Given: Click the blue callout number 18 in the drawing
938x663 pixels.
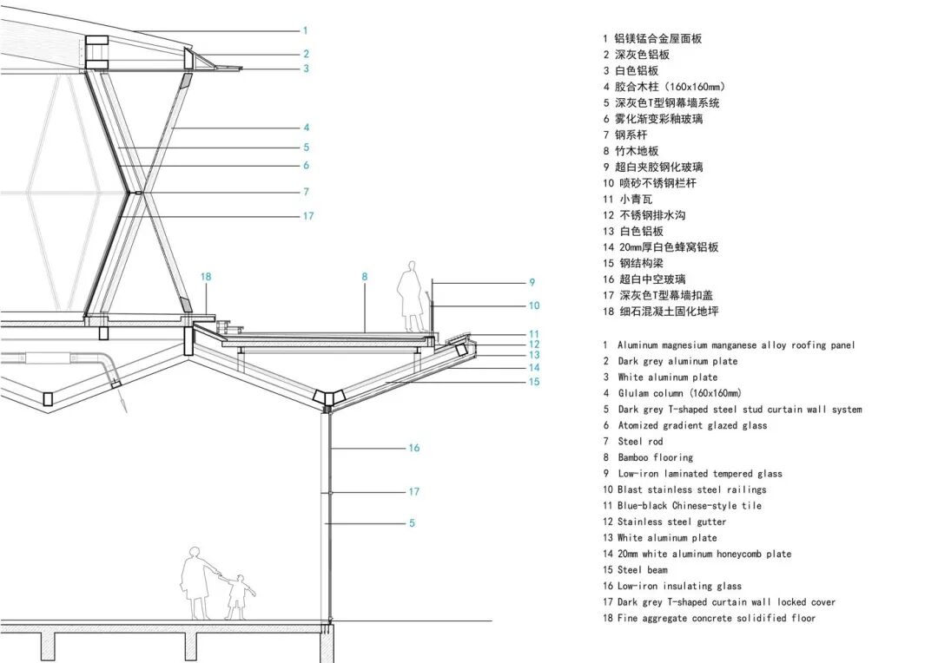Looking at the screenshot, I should pos(206,277).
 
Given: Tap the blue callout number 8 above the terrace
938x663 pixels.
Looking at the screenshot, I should pos(365,277).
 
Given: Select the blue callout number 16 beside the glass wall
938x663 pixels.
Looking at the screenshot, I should pos(413,448).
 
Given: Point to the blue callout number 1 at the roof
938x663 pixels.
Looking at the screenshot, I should pos(306,30).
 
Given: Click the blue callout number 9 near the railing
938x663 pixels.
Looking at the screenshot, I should pos(532,282).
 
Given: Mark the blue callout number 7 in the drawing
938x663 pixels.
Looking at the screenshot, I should pos(306,192).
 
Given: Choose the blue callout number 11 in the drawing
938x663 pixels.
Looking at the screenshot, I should pos(533,333).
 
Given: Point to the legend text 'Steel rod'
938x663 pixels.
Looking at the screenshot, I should pos(640,442).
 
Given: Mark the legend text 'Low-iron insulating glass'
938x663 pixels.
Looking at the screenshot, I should pos(679,586).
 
